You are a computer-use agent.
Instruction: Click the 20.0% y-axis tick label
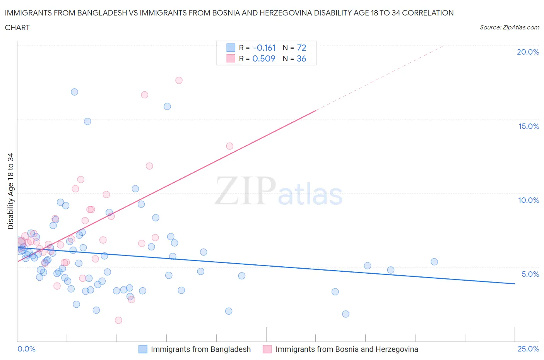point(528,52)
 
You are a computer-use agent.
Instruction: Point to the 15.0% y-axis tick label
point(529,126)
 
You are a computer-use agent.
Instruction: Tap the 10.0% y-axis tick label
point(529,200)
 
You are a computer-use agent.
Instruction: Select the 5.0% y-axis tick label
point(530,274)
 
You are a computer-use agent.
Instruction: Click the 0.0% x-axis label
point(26,349)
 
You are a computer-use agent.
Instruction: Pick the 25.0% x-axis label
point(528,349)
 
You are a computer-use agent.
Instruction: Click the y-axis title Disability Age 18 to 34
point(10,191)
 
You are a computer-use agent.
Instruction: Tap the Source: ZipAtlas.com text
point(509,27)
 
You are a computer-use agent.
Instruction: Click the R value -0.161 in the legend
point(264,48)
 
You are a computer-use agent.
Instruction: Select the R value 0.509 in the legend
point(263,58)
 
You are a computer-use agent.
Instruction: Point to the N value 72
point(301,48)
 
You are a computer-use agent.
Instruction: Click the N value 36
point(301,58)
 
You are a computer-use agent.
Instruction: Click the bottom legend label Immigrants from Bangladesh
point(200,349)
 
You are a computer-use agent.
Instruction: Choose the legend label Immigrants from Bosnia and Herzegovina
point(346,349)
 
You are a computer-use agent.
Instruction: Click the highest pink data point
point(179,81)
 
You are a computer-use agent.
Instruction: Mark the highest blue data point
point(74,92)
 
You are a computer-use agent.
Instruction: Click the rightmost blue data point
point(434,262)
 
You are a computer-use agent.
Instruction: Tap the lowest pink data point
point(118,320)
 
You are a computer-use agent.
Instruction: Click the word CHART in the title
point(17,27)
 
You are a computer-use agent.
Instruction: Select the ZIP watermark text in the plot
point(245,191)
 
